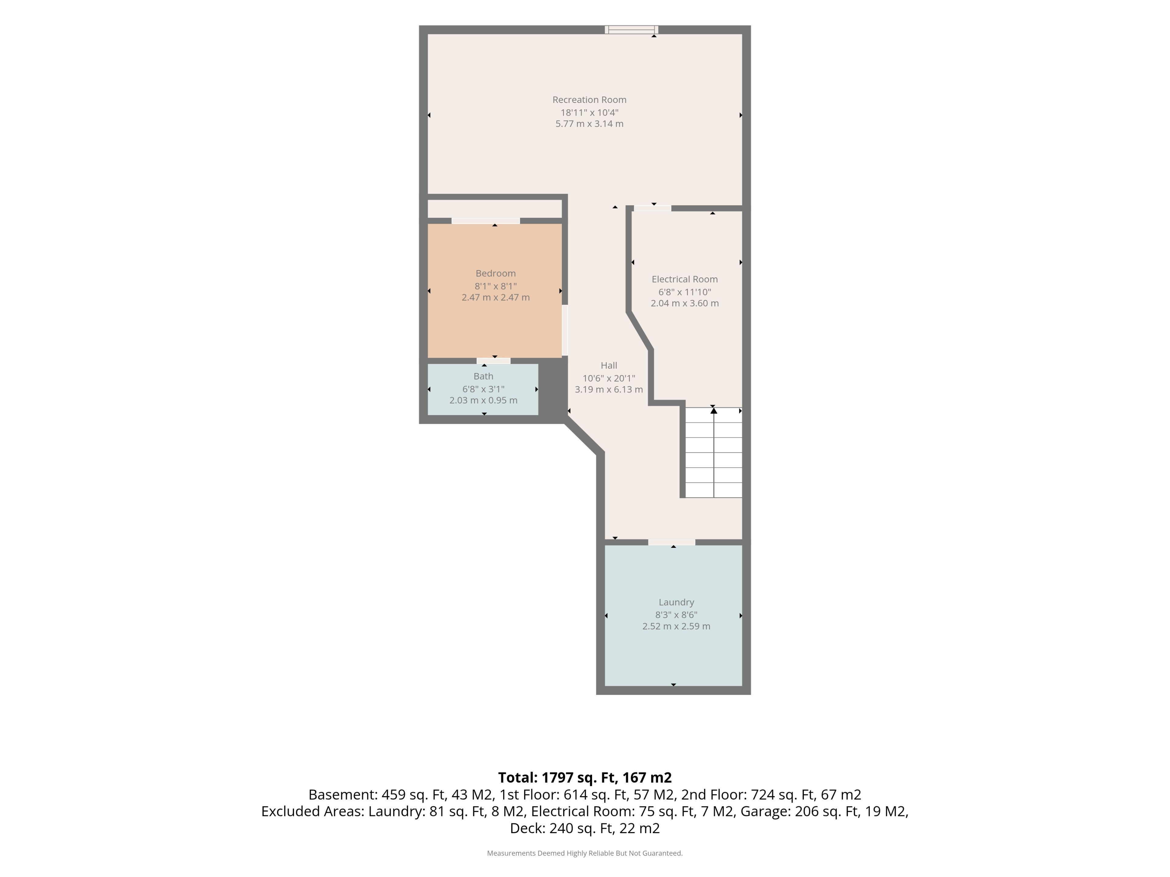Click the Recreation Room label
(589, 100)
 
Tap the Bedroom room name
(496, 273)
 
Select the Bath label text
(484, 376)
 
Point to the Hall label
(609, 365)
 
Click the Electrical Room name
(684, 279)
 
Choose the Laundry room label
(676, 602)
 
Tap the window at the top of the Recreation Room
(632, 30)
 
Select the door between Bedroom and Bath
(494, 361)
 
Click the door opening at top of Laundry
(672, 542)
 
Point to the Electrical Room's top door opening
(653, 208)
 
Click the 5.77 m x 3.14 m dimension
(589, 124)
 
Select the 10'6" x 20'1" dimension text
(609, 378)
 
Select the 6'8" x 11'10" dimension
(684, 292)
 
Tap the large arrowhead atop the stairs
(714, 410)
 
